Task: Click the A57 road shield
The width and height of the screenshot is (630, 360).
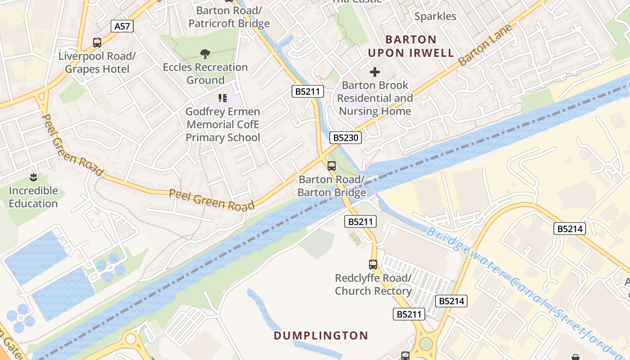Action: [x=122, y=26]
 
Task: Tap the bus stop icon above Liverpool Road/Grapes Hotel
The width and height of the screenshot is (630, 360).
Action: [x=97, y=43]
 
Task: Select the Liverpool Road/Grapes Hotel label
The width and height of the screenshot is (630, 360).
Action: [x=97, y=63]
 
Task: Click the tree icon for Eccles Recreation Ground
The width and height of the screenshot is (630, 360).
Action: [x=205, y=54]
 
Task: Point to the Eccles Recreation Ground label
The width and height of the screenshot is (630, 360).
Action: [x=205, y=73]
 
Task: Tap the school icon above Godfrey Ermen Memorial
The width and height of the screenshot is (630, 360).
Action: [x=222, y=98]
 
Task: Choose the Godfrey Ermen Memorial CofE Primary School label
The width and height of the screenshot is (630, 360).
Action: [x=223, y=125]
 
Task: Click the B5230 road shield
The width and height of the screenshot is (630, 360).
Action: [x=345, y=138]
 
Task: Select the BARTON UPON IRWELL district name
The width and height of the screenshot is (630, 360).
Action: [x=411, y=46]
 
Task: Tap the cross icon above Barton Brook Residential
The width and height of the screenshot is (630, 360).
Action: [x=374, y=72]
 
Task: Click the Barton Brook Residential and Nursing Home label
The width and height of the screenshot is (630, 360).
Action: [x=375, y=98]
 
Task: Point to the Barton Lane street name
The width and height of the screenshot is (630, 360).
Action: [x=486, y=45]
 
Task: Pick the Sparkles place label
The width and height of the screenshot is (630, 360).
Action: [x=435, y=17]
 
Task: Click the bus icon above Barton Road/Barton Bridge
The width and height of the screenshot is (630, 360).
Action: [x=332, y=166]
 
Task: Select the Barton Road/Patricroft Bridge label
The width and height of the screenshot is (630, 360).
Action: [x=229, y=17]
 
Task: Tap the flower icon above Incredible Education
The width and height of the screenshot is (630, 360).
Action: [x=33, y=177]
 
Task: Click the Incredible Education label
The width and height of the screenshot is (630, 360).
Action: [x=33, y=197]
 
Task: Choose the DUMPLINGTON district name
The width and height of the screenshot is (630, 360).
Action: [x=321, y=336]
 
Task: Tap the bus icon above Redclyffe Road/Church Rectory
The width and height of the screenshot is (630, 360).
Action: [x=373, y=265]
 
